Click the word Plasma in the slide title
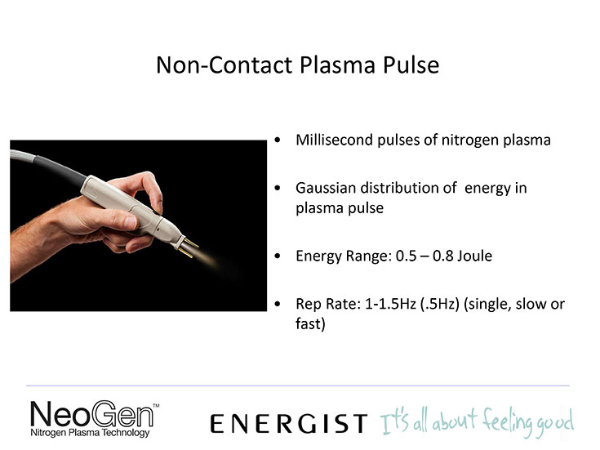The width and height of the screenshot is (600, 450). (x=337, y=65)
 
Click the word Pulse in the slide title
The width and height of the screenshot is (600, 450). (x=411, y=65)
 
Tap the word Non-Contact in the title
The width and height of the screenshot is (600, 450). (x=224, y=65)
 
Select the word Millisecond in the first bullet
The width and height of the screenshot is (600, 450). (x=334, y=140)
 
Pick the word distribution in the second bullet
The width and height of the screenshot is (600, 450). (x=400, y=188)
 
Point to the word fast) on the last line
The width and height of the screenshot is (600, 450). (x=310, y=323)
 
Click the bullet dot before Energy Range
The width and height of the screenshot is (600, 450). (x=278, y=256)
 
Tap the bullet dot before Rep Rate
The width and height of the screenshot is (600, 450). (x=278, y=305)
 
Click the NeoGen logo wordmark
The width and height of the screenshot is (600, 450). (x=91, y=413)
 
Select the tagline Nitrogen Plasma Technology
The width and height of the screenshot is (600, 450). (x=90, y=433)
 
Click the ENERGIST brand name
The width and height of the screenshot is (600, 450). (x=289, y=424)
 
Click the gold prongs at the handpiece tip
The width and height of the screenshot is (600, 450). (x=189, y=247)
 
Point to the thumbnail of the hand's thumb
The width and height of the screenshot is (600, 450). (x=129, y=222)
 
